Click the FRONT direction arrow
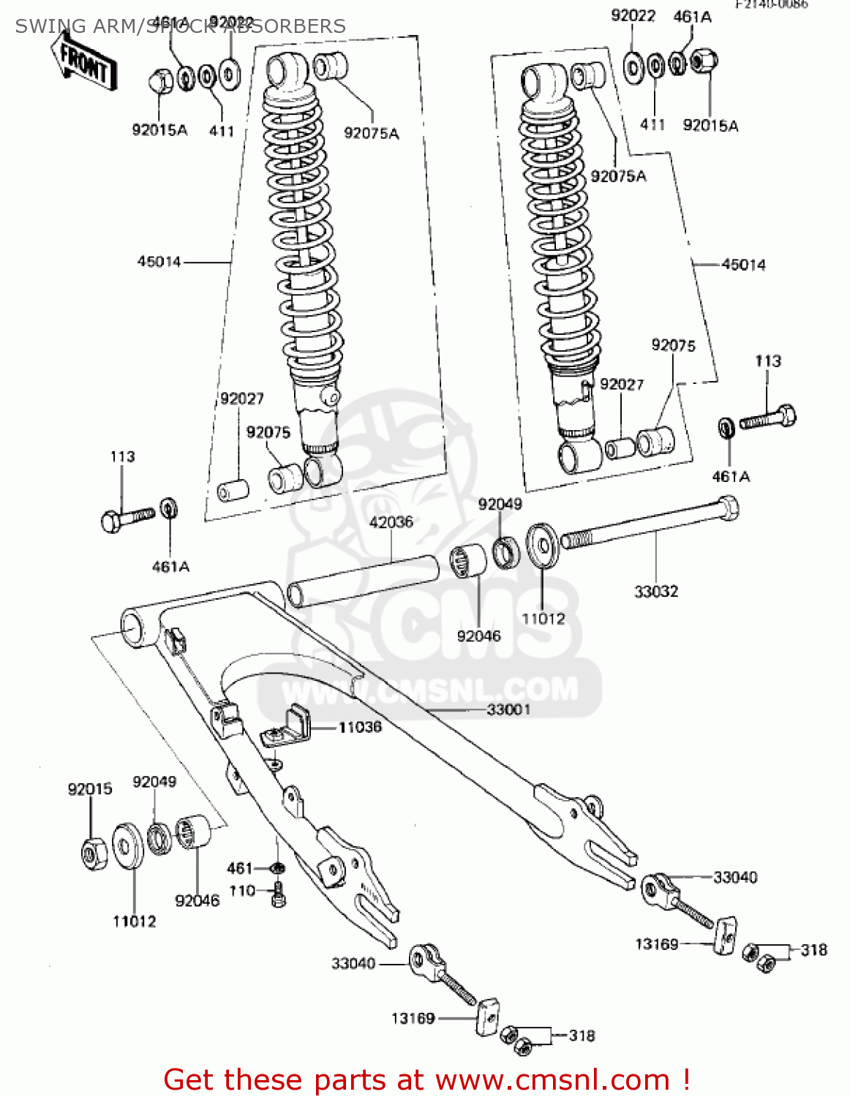click(x=83, y=61)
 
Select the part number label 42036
click(x=391, y=522)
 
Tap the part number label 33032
click(x=655, y=591)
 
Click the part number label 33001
click(x=508, y=709)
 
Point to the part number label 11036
click(x=360, y=727)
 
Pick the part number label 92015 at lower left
click(x=90, y=789)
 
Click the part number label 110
click(x=242, y=891)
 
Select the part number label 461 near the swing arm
click(x=240, y=868)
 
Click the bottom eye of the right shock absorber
click(x=579, y=456)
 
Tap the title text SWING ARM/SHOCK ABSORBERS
click(x=181, y=26)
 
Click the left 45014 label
click(x=159, y=262)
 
